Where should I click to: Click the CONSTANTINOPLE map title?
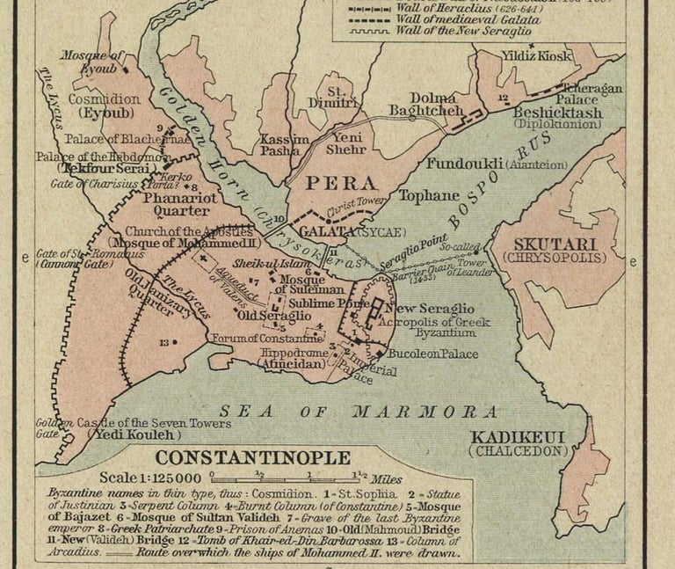(253, 458)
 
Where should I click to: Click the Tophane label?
(429, 195)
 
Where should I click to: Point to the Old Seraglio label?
(274, 315)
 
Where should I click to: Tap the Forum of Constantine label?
(266, 338)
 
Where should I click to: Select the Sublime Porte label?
(335, 303)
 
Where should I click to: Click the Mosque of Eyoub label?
(91, 61)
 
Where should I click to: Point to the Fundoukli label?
(466, 164)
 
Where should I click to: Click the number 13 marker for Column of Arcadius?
(164, 342)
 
